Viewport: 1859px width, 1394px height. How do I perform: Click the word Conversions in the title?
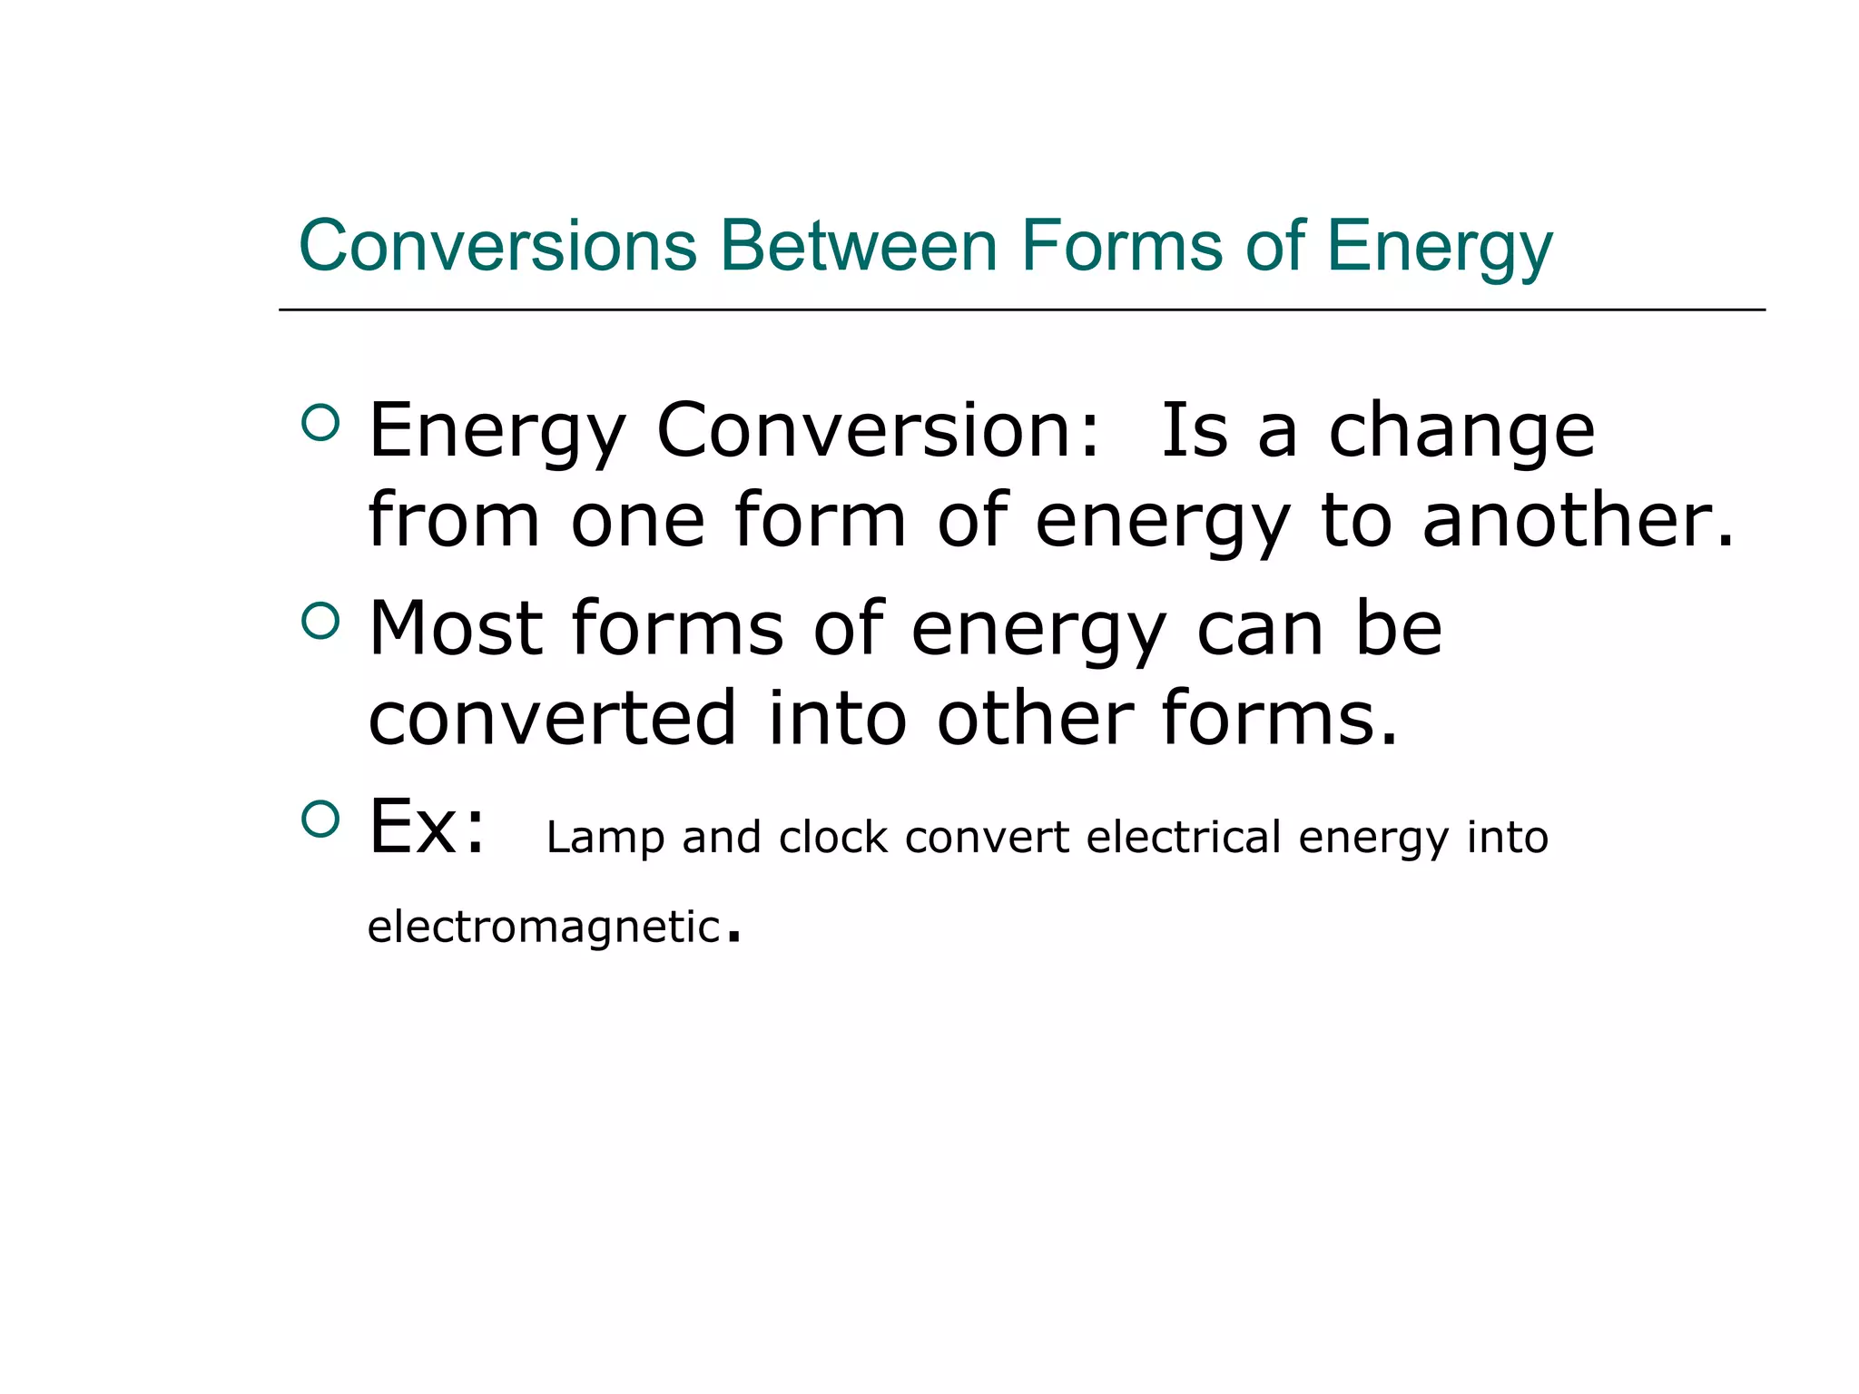tap(497, 246)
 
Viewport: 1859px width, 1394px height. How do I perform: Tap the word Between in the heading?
tap(859, 246)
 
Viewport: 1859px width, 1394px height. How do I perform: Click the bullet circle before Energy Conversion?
tap(320, 423)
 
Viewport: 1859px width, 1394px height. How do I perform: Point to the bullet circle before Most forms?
tap(320, 622)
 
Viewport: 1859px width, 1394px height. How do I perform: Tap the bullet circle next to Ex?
tap(320, 820)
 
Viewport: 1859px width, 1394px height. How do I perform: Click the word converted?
tap(552, 718)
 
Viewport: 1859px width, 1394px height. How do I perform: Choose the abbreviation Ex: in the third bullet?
tap(427, 826)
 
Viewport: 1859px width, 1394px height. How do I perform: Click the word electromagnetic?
tap(544, 928)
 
